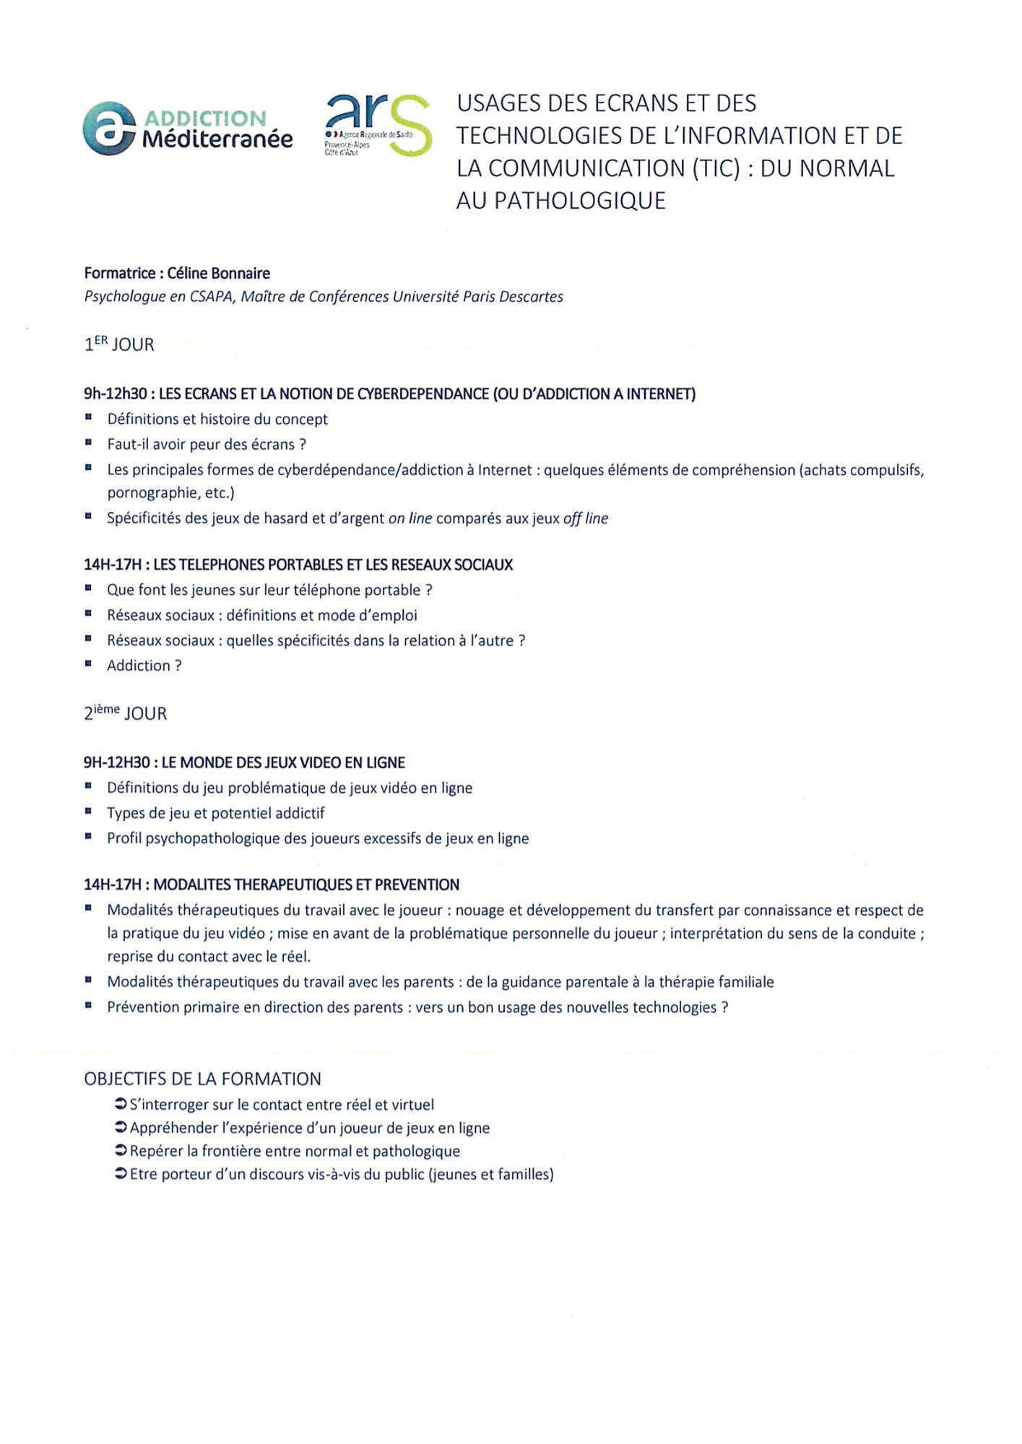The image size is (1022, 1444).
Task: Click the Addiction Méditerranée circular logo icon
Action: (x=109, y=129)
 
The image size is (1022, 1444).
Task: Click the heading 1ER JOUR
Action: (x=119, y=344)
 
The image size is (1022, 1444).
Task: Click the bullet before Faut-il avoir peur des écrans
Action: (x=88, y=443)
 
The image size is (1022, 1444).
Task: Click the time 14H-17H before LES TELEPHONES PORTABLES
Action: (x=113, y=565)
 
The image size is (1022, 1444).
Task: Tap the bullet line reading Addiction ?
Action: (x=144, y=666)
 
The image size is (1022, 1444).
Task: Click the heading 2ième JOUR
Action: (x=125, y=713)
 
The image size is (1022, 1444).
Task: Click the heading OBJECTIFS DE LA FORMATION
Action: (x=202, y=1079)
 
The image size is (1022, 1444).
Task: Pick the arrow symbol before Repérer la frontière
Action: (x=121, y=1151)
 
